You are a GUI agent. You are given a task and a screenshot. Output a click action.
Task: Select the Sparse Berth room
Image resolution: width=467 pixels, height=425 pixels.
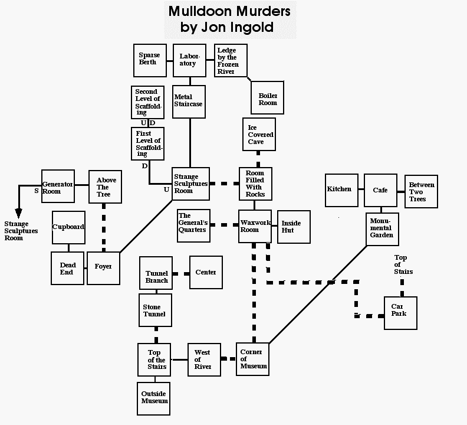pos(150,60)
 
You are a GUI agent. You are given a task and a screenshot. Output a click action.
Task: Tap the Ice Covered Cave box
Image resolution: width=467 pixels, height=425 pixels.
pos(259,134)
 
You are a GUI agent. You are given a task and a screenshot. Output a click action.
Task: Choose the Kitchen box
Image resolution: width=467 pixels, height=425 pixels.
pos(341,190)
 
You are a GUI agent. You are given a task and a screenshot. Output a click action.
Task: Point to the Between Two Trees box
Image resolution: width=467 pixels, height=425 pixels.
pos(421,191)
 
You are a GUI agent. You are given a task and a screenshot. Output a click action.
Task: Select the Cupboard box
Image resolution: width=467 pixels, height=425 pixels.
pos(68,227)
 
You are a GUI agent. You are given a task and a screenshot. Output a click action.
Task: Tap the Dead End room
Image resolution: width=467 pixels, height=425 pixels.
pos(67,269)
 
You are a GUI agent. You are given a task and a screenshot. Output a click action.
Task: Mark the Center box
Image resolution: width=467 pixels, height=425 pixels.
pos(205,273)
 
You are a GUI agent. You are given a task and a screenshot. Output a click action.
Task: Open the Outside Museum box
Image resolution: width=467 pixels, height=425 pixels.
pos(154,397)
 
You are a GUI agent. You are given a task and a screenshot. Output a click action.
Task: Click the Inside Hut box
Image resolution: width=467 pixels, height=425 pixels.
pos(291,227)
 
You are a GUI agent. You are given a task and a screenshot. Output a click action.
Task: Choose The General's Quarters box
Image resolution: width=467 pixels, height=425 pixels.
pos(193,225)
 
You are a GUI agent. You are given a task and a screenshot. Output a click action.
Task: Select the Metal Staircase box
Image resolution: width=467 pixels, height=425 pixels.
pos(189,102)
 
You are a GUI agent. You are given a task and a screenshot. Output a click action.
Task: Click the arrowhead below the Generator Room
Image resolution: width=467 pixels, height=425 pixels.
pos(18,212)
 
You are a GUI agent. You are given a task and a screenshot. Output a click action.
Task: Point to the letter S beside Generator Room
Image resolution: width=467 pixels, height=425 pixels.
pos(35,191)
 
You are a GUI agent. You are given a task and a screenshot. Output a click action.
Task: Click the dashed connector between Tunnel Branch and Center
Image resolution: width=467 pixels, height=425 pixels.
pos(181,273)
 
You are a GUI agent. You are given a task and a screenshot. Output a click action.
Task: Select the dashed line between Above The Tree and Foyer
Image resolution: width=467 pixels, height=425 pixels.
pos(104,227)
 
